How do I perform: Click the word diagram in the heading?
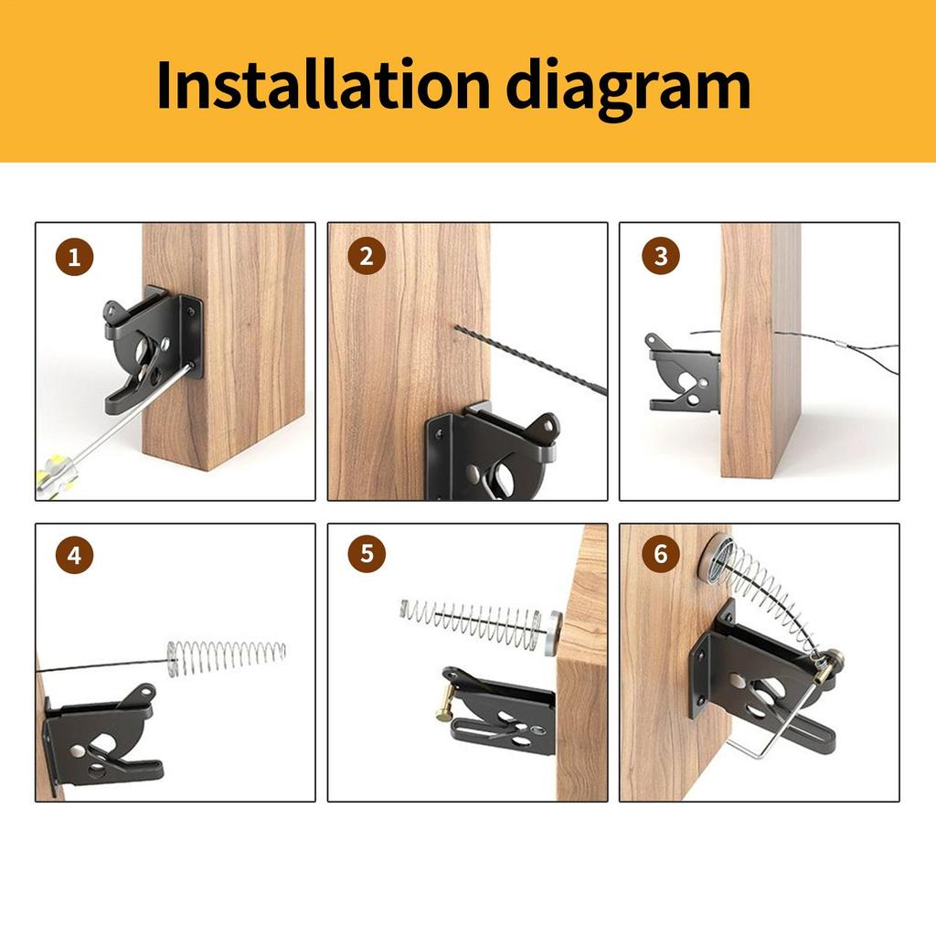(629, 84)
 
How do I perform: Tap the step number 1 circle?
(75, 257)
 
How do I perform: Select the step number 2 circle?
(367, 257)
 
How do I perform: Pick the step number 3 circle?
(660, 257)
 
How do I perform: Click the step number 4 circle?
(75, 555)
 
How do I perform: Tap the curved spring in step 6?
(777, 594)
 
